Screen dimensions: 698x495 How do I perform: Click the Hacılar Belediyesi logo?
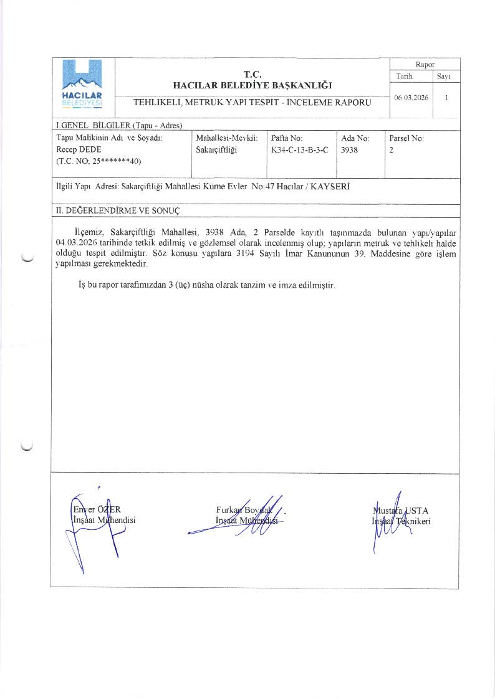click(x=83, y=84)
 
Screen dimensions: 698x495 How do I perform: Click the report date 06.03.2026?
click(x=411, y=98)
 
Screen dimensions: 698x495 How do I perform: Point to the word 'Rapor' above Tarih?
click(x=425, y=64)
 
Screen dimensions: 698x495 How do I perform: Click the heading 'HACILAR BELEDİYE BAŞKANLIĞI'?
click(x=252, y=85)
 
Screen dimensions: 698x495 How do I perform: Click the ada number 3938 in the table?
click(x=350, y=150)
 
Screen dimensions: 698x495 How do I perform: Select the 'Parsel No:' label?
click(x=406, y=138)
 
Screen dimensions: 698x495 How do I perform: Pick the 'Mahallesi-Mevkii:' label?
click(x=227, y=138)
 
